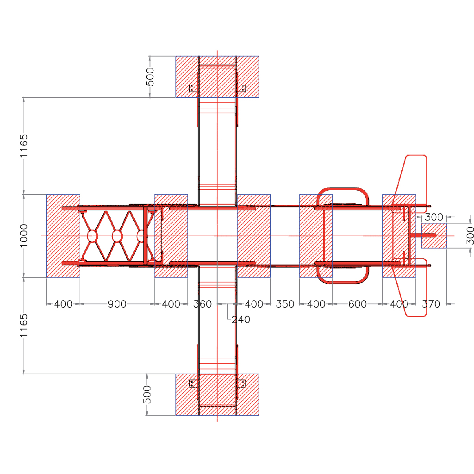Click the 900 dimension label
click(x=117, y=304)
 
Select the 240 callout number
click(x=241, y=319)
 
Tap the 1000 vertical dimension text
click(x=24, y=236)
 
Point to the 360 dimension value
click(x=202, y=304)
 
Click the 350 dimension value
click(x=285, y=304)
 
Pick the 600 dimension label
click(x=357, y=304)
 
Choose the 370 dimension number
click(x=431, y=304)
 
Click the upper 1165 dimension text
click(x=24, y=146)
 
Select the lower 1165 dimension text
click(x=24, y=325)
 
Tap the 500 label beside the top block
click(x=150, y=77)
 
